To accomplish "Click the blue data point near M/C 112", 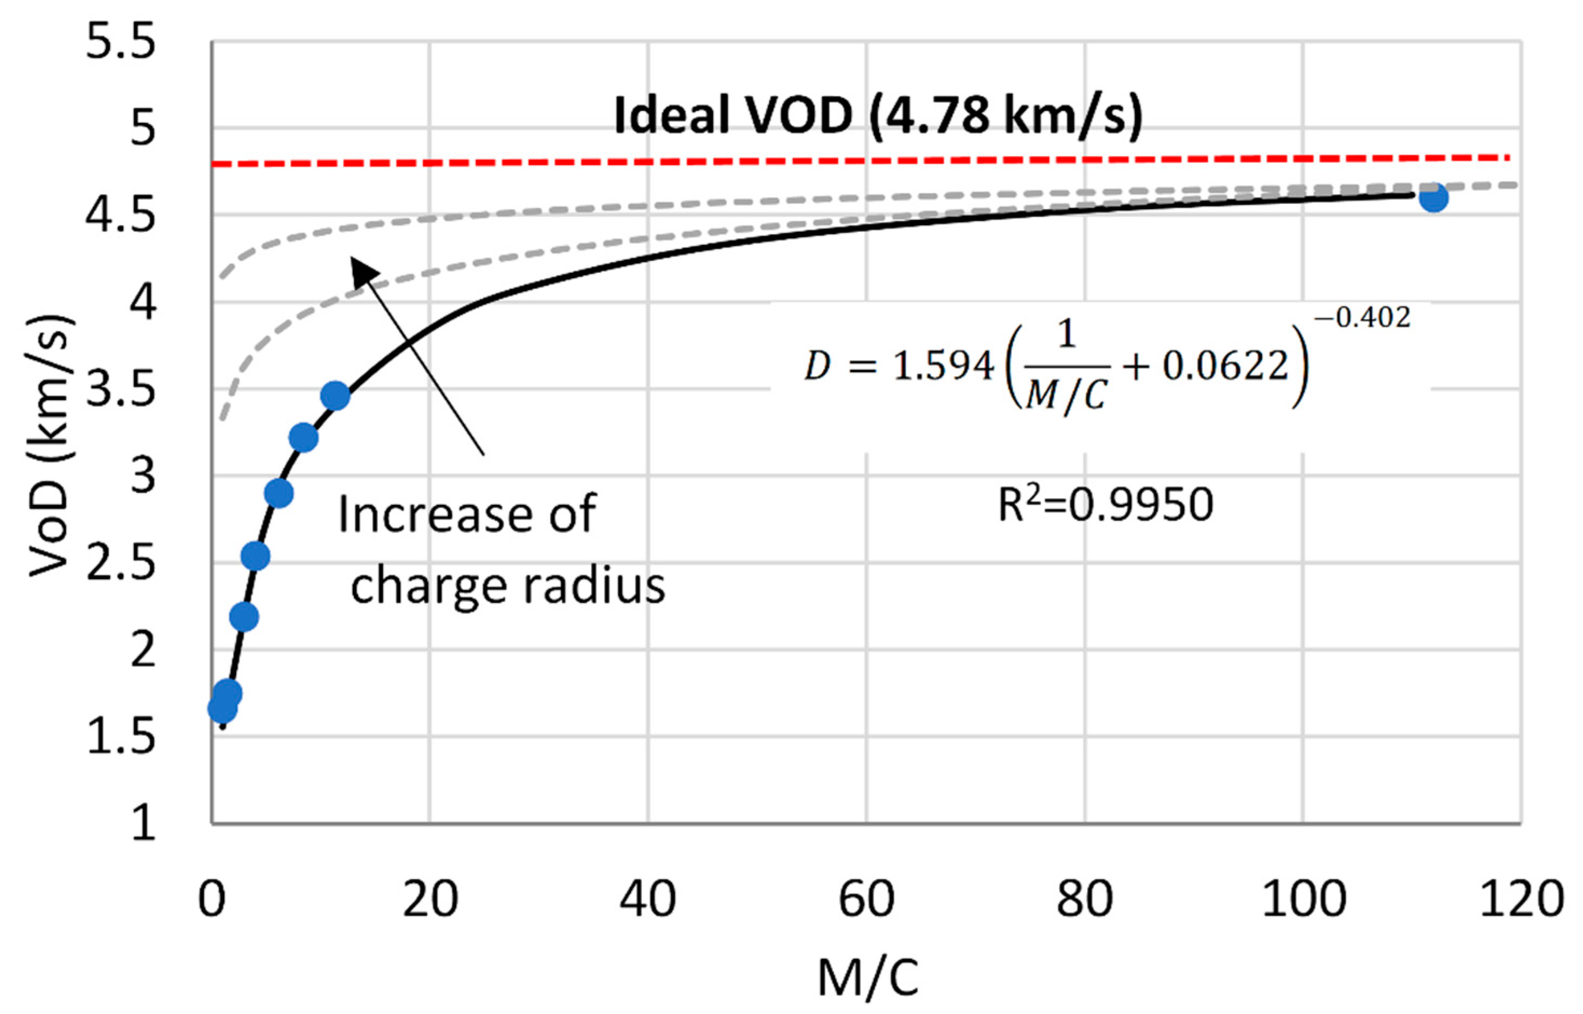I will (x=1434, y=197).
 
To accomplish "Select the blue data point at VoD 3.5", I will (x=335, y=396).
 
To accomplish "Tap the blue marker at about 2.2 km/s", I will (x=244, y=617).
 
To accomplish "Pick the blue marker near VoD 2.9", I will (x=279, y=493).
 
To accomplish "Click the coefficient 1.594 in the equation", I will (x=943, y=366).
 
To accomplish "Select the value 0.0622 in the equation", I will (x=1225, y=366).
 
